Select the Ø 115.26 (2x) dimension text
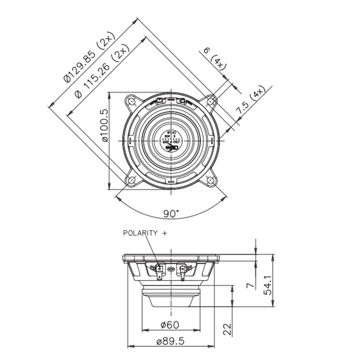(101, 72)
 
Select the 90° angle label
(171, 214)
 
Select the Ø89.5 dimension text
(171, 342)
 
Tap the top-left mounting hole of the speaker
(131, 101)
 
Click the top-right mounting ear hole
(211, 101)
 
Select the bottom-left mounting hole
(131, 180)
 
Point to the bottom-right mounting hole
(211, 180)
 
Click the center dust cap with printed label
(171, 140)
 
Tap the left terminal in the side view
(159, 270)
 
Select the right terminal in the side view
(182, 270)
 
